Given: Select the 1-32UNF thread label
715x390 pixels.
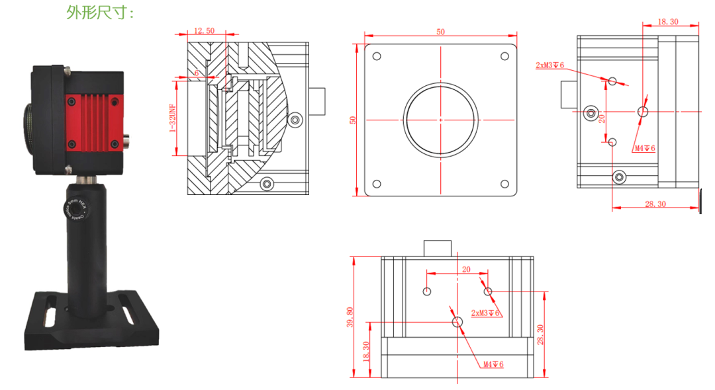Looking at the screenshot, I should point(173,118).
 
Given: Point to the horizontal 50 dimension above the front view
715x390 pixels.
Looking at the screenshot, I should point(440,31).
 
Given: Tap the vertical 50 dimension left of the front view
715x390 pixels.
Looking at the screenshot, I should point(353,120).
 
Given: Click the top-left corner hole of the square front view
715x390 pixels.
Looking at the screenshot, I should point(377,56).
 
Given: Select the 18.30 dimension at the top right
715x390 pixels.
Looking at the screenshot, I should point(668,22).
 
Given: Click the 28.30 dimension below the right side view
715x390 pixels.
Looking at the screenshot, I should point(655,204).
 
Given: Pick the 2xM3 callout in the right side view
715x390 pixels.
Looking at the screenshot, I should point(549,65).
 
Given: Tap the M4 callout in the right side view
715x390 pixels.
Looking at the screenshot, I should point(644,149).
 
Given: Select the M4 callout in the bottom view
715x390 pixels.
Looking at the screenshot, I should point(493,364).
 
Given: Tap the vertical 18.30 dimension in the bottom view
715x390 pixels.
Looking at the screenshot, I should point(367,350).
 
